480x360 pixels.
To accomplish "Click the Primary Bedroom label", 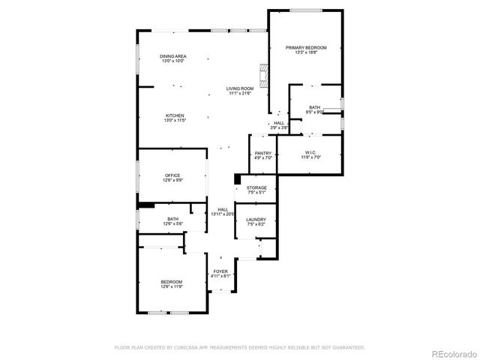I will [306, 47].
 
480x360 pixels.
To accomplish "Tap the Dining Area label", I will [173, 56].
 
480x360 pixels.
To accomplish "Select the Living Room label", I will [240, 89].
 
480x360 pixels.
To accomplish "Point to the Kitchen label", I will [175, 115].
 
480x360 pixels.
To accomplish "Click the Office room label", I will [173, 175].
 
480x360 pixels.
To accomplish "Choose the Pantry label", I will [262, 153].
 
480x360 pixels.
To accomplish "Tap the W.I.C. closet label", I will [311, 153].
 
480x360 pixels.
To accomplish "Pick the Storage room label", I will [256, 187].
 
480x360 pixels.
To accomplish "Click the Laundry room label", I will [256, 220].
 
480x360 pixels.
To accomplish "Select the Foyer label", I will [220, 271].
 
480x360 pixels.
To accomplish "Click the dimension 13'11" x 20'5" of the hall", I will [223, 214].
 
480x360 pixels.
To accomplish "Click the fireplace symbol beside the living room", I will [263, 74].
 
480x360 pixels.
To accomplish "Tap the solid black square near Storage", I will [237, 178].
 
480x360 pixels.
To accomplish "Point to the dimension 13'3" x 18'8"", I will [306, 52].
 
